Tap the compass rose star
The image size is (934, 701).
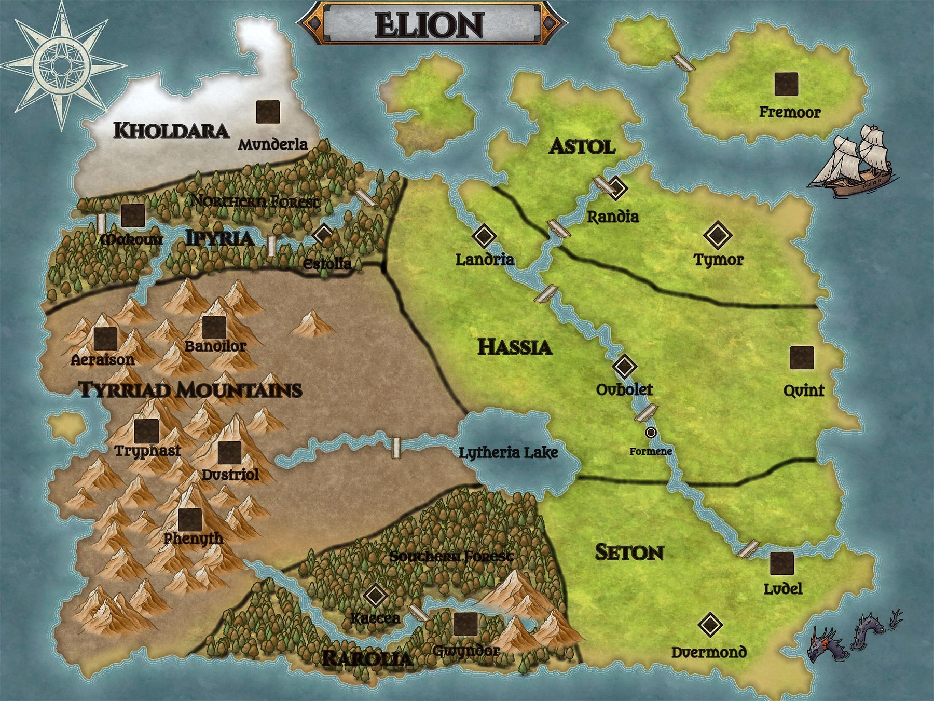[61, 65]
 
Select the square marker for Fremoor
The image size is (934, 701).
[786, 84]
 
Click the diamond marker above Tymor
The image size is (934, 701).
[718, 235]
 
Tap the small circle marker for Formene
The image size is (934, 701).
[651, 432]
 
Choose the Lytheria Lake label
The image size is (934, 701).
[509, 453]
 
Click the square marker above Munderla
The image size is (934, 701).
[268, 112]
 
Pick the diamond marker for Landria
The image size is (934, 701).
[484, 236]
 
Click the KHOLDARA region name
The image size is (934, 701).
[171, 130]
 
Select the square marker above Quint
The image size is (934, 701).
[802, 358]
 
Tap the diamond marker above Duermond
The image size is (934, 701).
[710, 625]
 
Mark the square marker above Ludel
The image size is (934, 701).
[782, 564]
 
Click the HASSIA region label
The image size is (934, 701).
[515, 347]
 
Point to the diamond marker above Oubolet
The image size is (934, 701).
[624, 366]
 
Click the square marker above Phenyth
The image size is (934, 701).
[190, 520]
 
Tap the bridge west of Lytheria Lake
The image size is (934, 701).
[396, 448]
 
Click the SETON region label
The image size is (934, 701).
[629, 552]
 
